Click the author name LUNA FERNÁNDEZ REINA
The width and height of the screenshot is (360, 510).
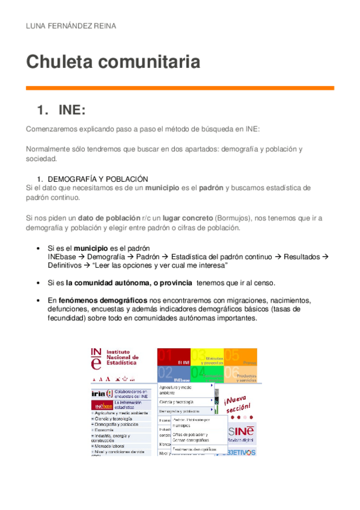[70, 26]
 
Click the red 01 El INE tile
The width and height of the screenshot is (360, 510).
[174, 357]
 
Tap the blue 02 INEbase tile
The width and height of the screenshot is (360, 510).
[174, 375]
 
